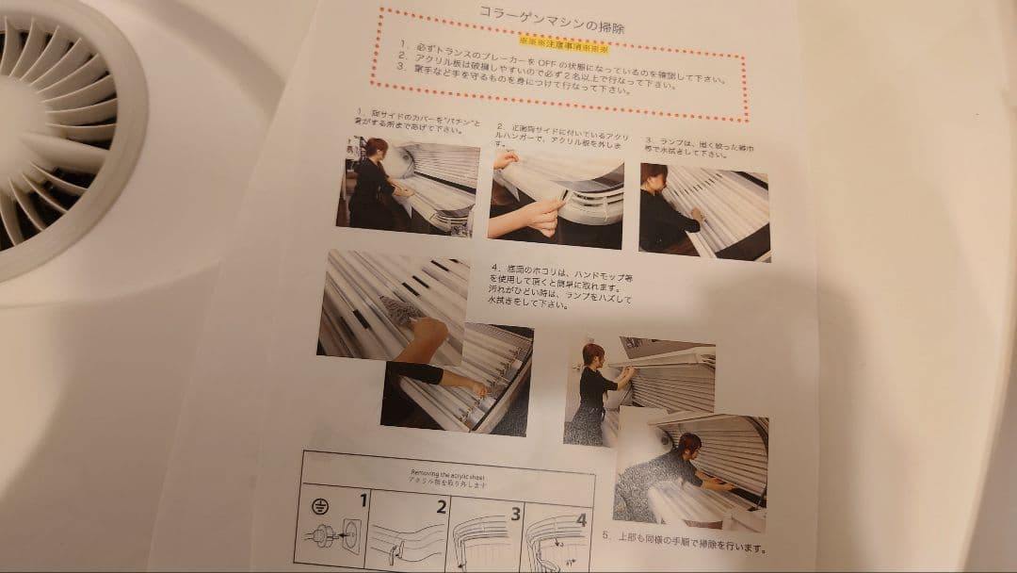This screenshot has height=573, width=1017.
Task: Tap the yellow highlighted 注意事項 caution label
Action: tap(562, 43)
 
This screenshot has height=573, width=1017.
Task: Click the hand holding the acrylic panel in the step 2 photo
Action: tap(543, 213)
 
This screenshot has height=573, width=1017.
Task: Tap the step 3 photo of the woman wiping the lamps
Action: tap(703, 212)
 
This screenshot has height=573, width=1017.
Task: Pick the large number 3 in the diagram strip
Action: tap(514, 514)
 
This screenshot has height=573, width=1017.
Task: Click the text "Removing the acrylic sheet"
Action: tap(445, 474)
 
